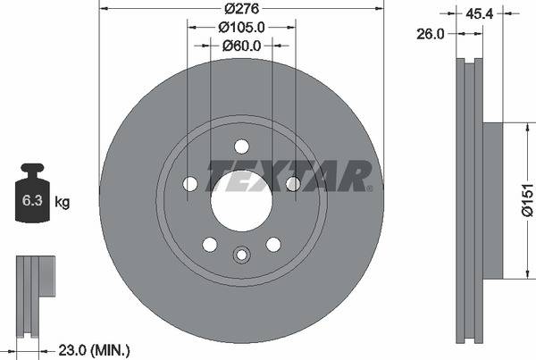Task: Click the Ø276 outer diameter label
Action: click(241, 8)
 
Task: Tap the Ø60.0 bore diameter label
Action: click(241, 45)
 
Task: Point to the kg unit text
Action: click(63, 202)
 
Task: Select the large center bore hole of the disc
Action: click(241, 198)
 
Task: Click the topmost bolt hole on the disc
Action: click(241, 147)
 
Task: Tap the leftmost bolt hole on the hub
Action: click(190, 184)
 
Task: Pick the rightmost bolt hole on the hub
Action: click(293, 184)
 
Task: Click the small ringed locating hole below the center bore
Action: click(241, 255)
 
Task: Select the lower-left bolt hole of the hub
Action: click(210, 244)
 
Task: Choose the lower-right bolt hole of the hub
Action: click(273, 244)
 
